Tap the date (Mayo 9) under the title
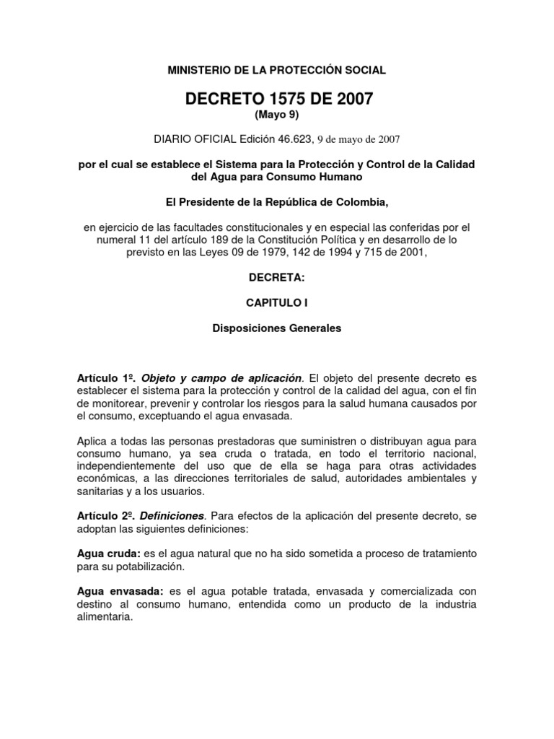click(x=277, y=115)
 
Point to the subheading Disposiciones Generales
click(x=277, y=328)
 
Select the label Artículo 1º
click(x=105, y=378)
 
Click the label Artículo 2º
click(x=106, y=517)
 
